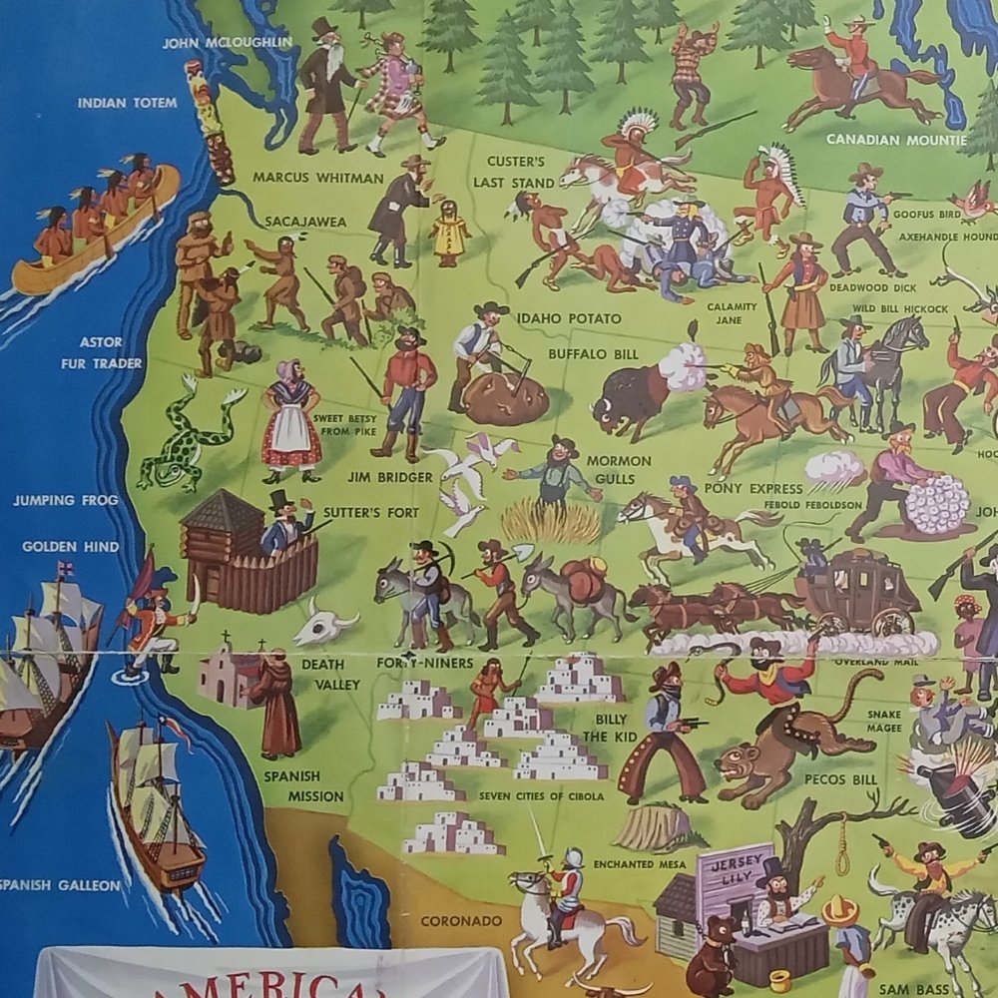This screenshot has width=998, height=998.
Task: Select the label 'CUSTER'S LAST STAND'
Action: coord(515,171)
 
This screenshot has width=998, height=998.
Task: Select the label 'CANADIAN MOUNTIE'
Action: coord(895,140)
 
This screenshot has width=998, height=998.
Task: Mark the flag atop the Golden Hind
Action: coord(66,570)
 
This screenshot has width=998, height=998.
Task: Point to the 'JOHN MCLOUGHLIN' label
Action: coord(228,42)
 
